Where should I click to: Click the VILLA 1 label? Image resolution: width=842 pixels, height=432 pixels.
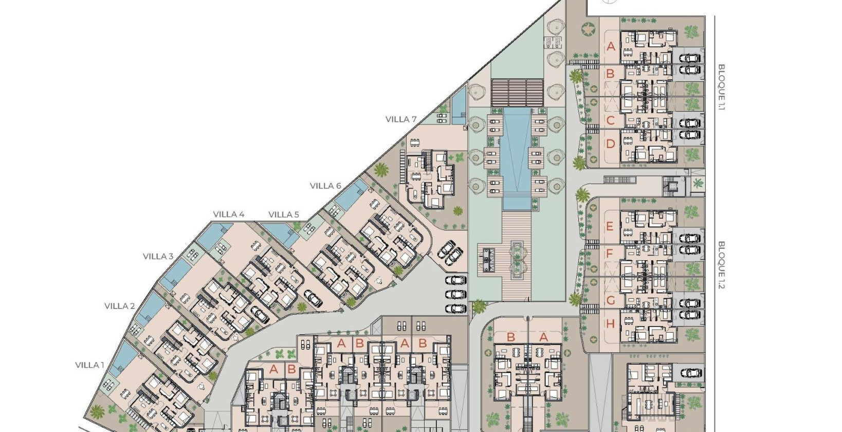pos(90,365)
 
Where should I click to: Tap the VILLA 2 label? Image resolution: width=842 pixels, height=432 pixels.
pos(119,306)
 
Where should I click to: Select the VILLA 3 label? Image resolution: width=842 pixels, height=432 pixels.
pos(158,256)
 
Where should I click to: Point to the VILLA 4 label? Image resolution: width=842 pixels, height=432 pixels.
pos(229,214)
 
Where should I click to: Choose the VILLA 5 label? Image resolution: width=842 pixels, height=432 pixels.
pos(284,214)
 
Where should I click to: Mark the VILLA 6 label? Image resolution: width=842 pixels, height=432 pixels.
pos(325,186)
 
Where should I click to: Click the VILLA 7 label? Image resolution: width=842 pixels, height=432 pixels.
pos(401,119)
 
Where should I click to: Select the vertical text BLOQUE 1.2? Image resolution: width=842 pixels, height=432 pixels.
pos(721,265)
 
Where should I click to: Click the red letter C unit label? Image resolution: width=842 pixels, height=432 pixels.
pos(611,121)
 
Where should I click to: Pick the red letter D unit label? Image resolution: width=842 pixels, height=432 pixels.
pos(611,144)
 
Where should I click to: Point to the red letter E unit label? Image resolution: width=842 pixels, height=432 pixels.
pos(610,226)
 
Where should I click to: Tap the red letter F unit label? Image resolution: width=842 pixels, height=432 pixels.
pos(610,254)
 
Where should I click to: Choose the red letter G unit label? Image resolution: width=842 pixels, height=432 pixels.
pos(611,300)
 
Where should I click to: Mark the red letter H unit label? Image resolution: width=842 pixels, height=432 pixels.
pos(611,324)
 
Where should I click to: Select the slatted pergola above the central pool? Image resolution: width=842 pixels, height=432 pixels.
pos(517,93)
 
